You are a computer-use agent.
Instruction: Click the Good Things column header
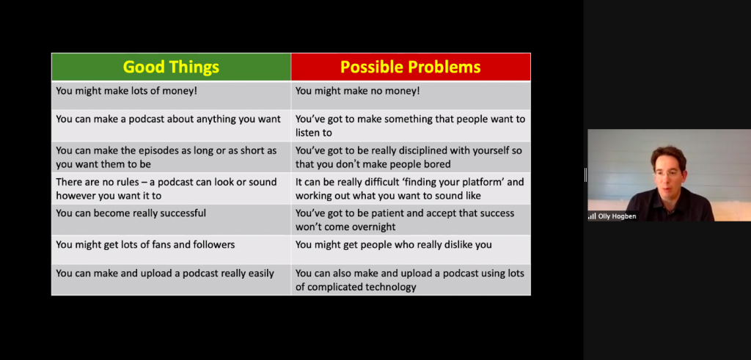click(171, 67)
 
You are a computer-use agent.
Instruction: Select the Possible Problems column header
click(411, 67)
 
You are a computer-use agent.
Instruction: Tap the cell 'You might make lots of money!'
click(171, 95)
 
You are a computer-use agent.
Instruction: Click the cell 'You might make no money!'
click(411, 95)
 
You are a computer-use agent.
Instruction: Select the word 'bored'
click(437, 164)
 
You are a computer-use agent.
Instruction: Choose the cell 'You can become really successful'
click(171, 220)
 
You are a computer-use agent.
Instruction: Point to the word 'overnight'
click(372, 227)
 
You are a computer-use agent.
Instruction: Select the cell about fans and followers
click(171, 250)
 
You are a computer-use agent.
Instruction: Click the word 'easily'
click(260, 273)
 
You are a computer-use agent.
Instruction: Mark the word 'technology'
click(392, 287)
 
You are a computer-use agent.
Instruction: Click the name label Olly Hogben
click(617, 216)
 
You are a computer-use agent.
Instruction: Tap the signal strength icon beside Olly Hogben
click(592, 216)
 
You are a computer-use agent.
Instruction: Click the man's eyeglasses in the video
click(669, 173)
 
